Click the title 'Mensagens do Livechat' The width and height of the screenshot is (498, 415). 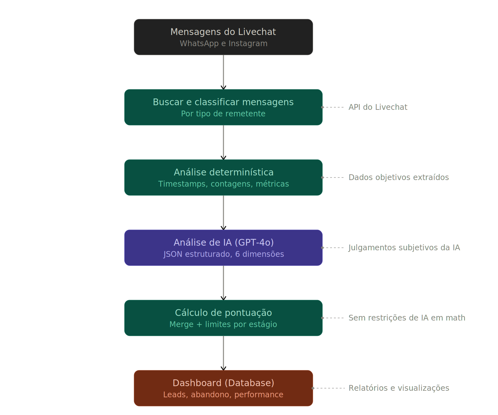pyautogui.click(x=223, y=32)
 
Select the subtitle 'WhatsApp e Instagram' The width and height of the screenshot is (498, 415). pyautogui.click(x=223, y=43)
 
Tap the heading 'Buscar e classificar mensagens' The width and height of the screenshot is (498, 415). pyautogui.click(x=223, y=102)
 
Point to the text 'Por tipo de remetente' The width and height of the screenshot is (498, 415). pyautogui.click(x=223, y=114)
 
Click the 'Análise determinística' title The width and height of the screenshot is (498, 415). pyautogui.click(x=223, y=172)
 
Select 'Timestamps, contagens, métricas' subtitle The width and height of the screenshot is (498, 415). pyautogui.click(x=223, y=184)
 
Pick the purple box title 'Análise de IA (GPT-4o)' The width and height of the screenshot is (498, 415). pyautogui.click(x=223, y=243)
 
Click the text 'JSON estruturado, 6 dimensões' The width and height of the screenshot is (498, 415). pyautogui.click(x=223, y=254)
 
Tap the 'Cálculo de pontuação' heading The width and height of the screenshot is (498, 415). pyautogui.click(x=223, y=313)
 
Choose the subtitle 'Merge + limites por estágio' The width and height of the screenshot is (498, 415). pyautogui.click(x=223, y=324)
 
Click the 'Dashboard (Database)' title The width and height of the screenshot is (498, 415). pyautogui.click(x=223, y=383)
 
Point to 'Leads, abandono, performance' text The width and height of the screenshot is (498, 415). pyautogui.click(x=223, y=395)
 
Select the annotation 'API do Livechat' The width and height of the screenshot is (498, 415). pyautogui.click(x=378, y=107)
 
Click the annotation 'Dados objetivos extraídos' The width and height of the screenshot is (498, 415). pyautogui.click(x=399, y=177)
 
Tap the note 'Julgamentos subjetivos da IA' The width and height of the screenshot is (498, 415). pyautogui.click(x=404, y=248)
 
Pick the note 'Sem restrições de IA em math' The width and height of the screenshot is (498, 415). pyautogui.click(x=407, y=318)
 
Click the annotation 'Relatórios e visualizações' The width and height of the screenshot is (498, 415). pyautogui.click(x=399, y=388)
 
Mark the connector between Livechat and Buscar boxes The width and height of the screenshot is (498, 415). pyautogui.click(x=223, y=72)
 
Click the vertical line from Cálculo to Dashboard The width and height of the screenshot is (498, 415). pyautogui.click(x=223, y=353)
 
